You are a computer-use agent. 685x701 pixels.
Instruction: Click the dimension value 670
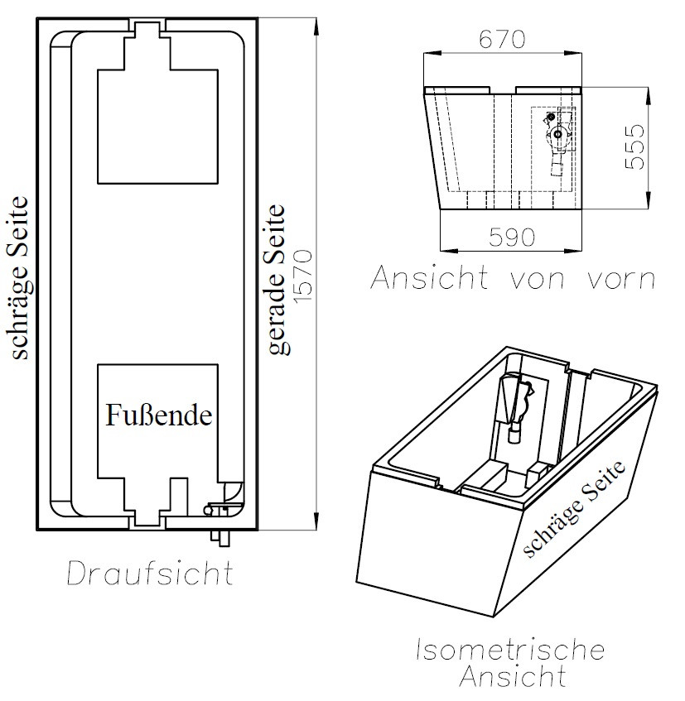pos(502,40)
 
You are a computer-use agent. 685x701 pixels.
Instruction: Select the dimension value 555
pos(635,146)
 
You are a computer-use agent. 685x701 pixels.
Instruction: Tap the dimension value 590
pos(511,237)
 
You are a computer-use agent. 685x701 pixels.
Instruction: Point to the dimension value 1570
pos(303,275)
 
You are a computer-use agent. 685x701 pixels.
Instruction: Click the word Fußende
pos(158,415)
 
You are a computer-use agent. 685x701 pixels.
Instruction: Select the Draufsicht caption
pos(150,573)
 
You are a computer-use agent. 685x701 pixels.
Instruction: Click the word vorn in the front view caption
pos(621,279)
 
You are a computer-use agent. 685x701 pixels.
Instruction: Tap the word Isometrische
pos(510,650)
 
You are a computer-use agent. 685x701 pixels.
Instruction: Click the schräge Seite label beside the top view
pos(20,277)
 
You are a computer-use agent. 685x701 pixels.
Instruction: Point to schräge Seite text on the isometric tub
pos(575,509)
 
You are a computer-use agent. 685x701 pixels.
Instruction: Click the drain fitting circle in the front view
pos(557,134)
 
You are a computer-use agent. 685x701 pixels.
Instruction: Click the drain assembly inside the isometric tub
pos(516,406)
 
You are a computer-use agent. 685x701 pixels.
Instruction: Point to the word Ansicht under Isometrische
pos(513,675)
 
